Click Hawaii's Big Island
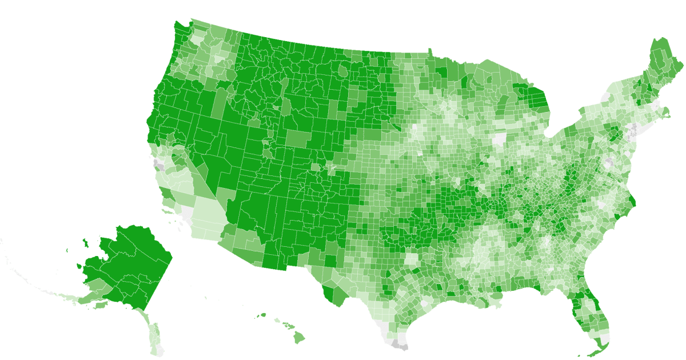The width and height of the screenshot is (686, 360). pos(300,338)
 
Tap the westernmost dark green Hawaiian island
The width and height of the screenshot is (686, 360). pos(264,314)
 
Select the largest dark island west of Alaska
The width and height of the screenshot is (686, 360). pos(86,243)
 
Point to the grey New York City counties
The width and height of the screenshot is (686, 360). pos(633,135)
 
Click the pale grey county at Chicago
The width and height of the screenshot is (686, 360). pos(500,139)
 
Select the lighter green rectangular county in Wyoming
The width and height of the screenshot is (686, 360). pos(296,139)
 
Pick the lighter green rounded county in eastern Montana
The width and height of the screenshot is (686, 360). pos(342,71)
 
